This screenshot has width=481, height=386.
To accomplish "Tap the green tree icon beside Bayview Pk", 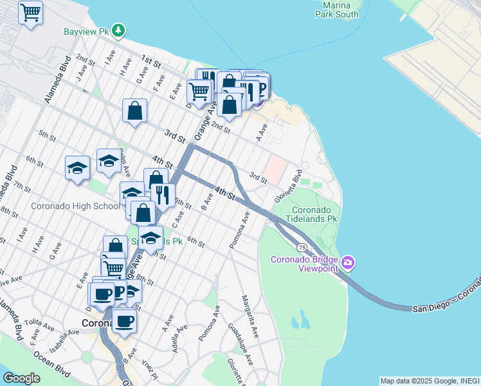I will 118,30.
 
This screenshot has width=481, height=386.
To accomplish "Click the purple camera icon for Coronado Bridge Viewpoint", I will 348,261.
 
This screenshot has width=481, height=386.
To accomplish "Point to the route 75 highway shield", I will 301,247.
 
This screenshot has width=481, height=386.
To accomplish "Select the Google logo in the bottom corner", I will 21,378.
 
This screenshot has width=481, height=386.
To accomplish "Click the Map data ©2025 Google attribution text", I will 430,381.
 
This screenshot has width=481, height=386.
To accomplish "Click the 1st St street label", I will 150,60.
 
